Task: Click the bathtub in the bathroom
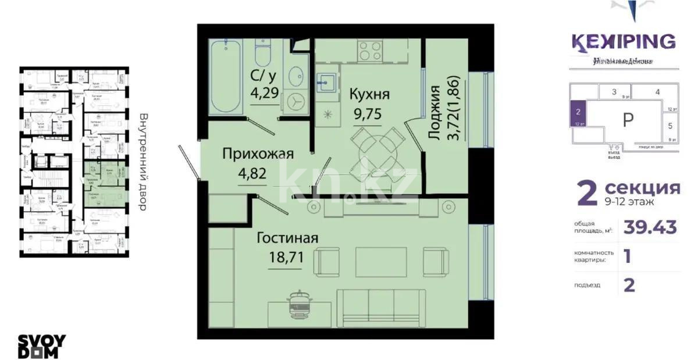click(x=226, y=77)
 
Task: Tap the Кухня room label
click(x=369, y=94)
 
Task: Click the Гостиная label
click(x=287, y=238)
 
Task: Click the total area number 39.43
click(x=650, y=227)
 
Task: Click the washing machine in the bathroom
click(x=297, y=101)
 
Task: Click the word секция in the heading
click(x=642, y=188)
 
